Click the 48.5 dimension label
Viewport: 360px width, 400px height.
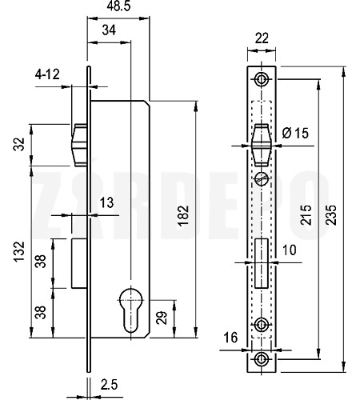[x=119, y=6]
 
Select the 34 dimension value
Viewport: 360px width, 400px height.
[x=109, y=30]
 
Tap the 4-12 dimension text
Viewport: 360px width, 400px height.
[x=47, y=74]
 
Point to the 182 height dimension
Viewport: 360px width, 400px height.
[x=183, y=216]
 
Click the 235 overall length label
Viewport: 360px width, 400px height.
[x=331, y=215]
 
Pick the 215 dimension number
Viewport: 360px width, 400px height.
[x=306, y=215]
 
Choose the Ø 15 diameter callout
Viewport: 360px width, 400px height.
[x=295, y=133]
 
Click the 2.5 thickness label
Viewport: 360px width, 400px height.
[x=109, y=385]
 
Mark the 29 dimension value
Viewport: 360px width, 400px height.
[x=162, y=318]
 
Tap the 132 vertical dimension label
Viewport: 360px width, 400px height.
[x=19, y=252]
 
